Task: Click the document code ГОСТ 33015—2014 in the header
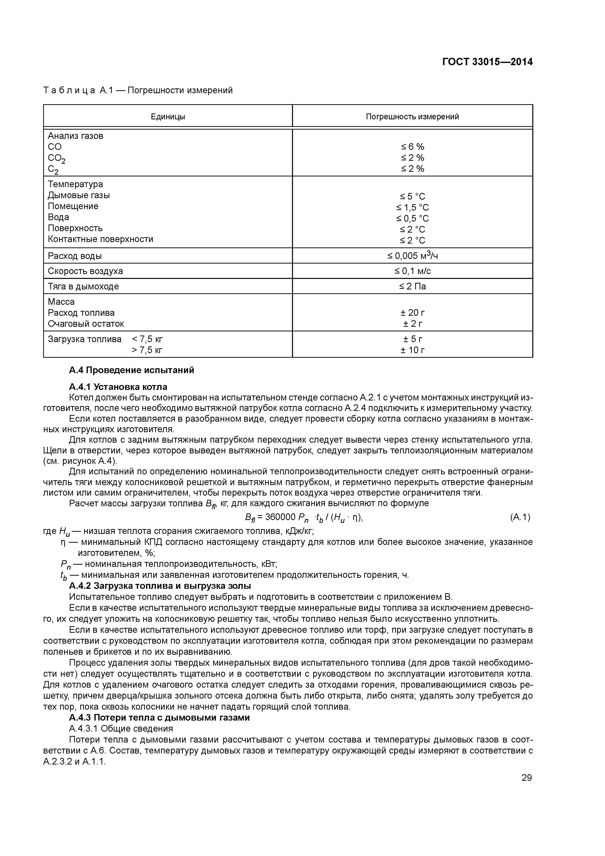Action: pyautogui.click(x=487, y=62)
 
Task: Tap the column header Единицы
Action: pyautogui.click(x=168, y=117)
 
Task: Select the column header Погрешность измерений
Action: pyautogui.click(x=412, y=117)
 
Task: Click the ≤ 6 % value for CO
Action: pyautogui.click(x=412, y=147)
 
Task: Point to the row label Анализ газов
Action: pyautogui.click(x=75, y=136)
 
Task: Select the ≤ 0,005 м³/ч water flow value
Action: pyautogui.click(x=412, y=256)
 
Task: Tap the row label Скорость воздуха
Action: pyautogui.click(x=85, y=271)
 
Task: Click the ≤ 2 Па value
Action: pyautogui.click(x=412, y=286)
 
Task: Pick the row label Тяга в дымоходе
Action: pyautogui.click(x=83, y=286)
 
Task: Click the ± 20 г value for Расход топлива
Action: pyautogui.click(x=412, y=313)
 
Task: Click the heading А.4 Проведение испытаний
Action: pyautogui.click(x=131, y=370)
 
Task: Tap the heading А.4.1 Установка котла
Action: pyautogui.click(x=118, y=387)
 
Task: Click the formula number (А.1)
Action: pyautogui.click(x=520, y=517)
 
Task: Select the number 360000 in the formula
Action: pyautogui.click(x=280, y=517)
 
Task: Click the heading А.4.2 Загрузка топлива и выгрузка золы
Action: pyautogui.click(x=160, y=586)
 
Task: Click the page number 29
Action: pyautogui.click(x=526, y=778)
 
